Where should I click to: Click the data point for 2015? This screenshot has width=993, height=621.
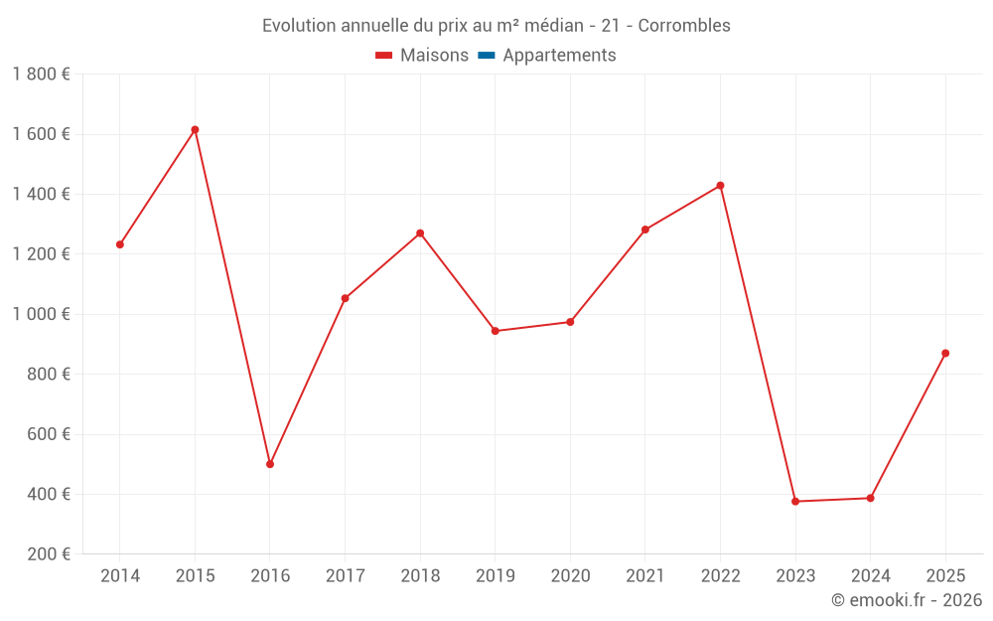195,130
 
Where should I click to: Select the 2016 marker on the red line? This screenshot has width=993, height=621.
270,464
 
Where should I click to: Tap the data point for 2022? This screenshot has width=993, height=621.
721,186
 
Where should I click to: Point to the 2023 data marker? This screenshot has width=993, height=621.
795,501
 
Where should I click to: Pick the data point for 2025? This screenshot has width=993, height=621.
945,354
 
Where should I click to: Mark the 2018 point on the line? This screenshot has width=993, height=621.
420,233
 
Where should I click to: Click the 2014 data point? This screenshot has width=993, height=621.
120,244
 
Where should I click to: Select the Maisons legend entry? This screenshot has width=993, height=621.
422,55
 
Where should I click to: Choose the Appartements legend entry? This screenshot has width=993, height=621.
547,55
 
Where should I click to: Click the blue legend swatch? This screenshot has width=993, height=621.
487,56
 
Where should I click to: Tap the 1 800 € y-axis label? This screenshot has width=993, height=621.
42,75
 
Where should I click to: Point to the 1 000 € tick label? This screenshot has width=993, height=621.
42,314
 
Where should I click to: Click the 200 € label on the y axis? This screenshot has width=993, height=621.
49,554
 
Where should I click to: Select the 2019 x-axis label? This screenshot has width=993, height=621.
496,575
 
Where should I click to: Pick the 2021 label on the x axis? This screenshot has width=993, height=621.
645,575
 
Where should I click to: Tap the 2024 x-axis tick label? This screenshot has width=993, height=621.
871,575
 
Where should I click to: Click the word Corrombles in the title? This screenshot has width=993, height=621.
684,26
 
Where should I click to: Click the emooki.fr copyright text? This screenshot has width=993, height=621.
907,599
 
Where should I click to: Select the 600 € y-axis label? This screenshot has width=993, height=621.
49,434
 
